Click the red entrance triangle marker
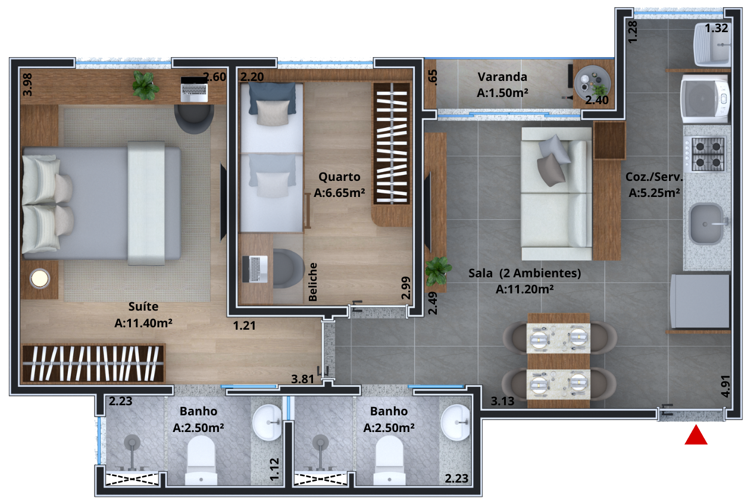[x=696, y=436]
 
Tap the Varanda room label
[x=502, y=77]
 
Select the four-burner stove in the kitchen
[x=704, y=155]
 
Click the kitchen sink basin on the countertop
[x=706, y=224]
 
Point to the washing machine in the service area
[x=705, y=98]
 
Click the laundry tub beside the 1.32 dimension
[x=712, y=44]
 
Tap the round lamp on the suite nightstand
[x=40, y=278]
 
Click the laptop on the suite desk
[x=194, y=89]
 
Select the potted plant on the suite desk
[x=145, y=86]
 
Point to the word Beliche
[x=312, y=282]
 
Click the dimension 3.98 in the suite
[x=27, y=85]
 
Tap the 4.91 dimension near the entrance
[x=726, y=386]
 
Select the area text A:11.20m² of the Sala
[x=525, y=289]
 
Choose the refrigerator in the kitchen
[x=700, y=301]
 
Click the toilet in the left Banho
[x=201, y=461]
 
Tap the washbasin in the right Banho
[x=456, y=422]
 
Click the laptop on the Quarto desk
[x=255, y=269]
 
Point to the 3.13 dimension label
[x=502, y=401]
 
